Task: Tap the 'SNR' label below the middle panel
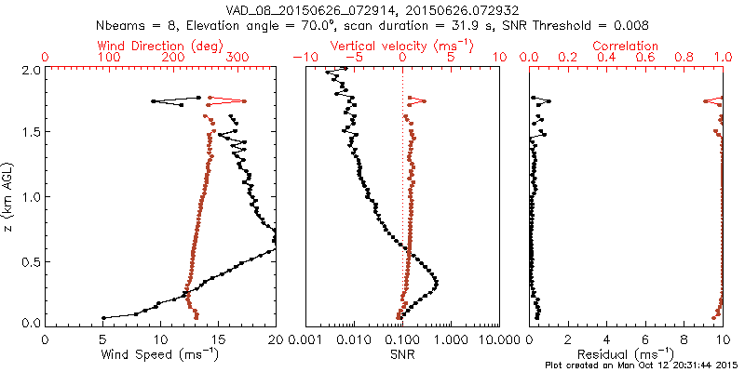[x=402, y=353]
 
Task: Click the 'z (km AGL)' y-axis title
[x=10, y=195]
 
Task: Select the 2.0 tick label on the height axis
[x=31, y=70]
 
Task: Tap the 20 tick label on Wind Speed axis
[x=276, y=340]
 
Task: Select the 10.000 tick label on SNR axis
[x=498, y=340]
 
